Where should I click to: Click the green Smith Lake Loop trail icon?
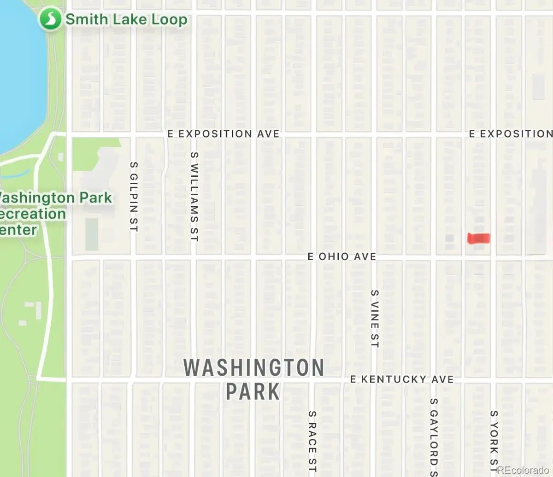(x=50, y=19)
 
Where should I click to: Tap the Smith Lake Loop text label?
(x=126, y=20)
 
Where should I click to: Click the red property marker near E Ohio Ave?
(x=479, y=238)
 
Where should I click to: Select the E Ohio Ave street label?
(x=342, y=256)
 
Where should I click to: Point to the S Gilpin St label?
(x=134, y=197)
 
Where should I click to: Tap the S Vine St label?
(x=375, y=319)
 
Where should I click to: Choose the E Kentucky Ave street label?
(x=402, y=379)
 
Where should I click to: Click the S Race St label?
(x=312, y=441)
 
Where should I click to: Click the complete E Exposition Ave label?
(x=224, y=134)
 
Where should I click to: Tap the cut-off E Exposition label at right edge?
(x=511, y=134)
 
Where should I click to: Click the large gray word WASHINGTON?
(x=254, y=368)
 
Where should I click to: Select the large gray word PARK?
(x=253, y=392)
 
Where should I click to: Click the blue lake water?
(x=21, y=83)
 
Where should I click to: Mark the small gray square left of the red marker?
(x=449, y=238)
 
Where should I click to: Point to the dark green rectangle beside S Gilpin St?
(x=92, y=234)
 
